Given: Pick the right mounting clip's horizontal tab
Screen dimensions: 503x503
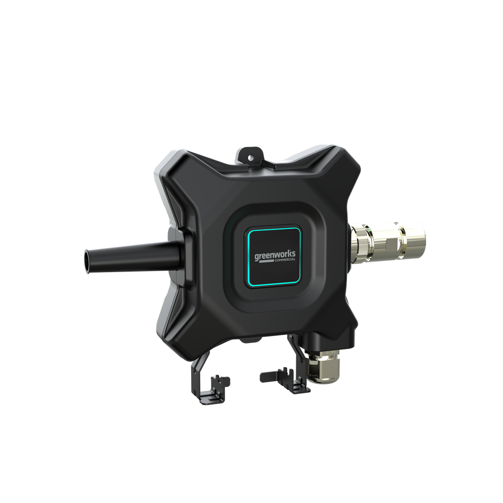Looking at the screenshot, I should [x=274, y=375].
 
